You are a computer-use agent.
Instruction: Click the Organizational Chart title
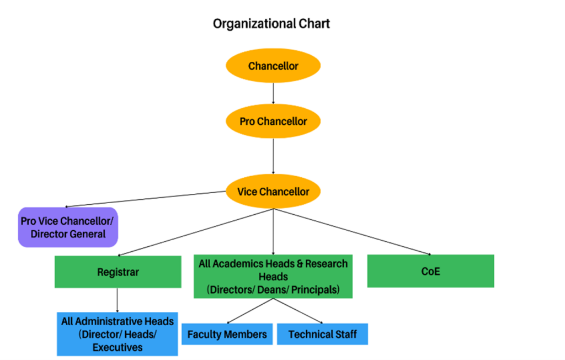coord(271,24)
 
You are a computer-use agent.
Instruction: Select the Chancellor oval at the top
coord(273,66)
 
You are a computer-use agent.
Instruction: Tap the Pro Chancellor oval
coord(273,121)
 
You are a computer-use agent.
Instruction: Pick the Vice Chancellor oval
coord(273,192)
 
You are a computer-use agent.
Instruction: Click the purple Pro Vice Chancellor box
coord(68,227)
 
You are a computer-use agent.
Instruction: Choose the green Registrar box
coord(118,272)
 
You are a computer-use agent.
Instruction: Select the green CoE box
coord(430,271)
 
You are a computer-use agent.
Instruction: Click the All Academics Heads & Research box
coord(273,276)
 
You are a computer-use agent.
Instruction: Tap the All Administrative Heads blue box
coord(118,334)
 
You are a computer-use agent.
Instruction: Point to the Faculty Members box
coord(227,334)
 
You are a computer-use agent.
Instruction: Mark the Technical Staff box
coord(322,334)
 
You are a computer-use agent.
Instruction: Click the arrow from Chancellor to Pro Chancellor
coord(273,93)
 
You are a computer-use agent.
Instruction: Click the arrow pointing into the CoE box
coord(353,232)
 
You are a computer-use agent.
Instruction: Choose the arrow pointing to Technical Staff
coord(298,311)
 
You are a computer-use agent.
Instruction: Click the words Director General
coord(68,234)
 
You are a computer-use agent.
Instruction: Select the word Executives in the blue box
coord(118,347)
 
